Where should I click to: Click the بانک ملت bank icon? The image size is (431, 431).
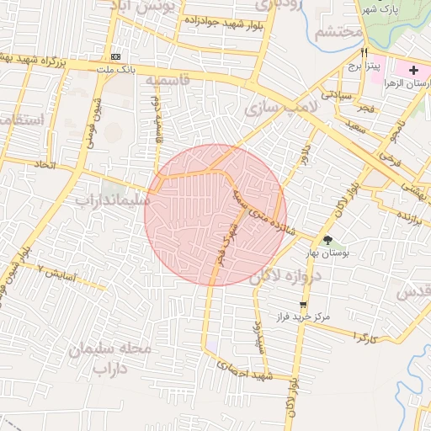point(115,56)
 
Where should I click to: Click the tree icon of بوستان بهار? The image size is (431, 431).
point(327,240)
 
